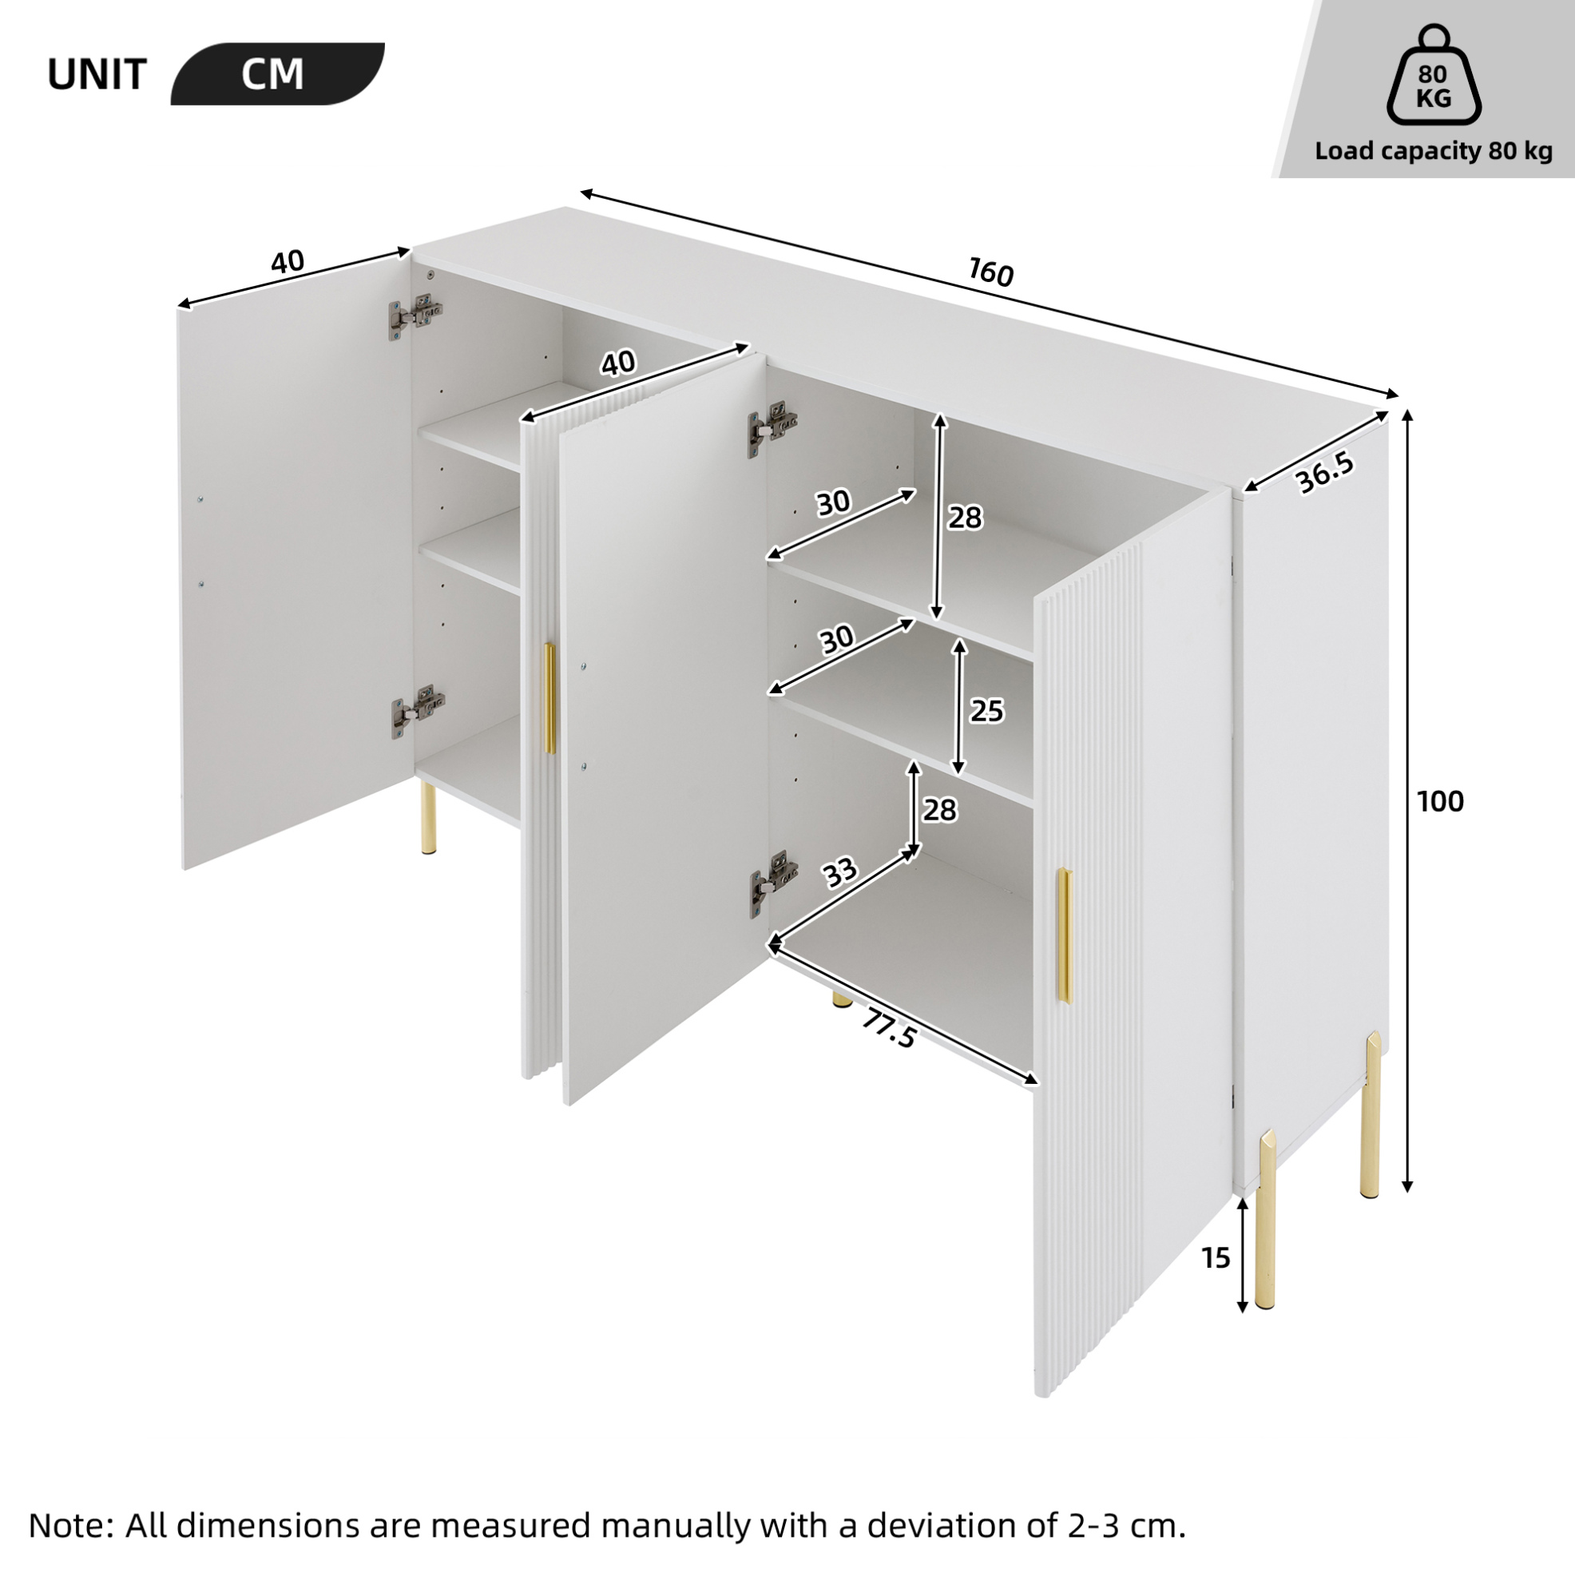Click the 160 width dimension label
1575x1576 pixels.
[x=991, y=272]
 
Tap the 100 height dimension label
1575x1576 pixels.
[x=1440, y=801]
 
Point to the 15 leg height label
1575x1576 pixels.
[x=1216, y=1258]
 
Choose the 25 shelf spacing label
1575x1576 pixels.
[x=986, y=712]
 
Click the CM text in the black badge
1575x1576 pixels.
[x=272, y=74]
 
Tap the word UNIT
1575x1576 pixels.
[x=97, y=75]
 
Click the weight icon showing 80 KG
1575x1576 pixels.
[x=1433, y=75]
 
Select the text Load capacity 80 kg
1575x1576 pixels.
[x=1433, y=151]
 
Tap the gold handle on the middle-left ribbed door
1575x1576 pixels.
[x=549, y=697]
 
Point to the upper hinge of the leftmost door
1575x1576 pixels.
[x=415, y=313]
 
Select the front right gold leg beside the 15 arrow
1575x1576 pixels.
[x=1267, y=1219]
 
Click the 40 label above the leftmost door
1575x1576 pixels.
[x=287, y=262]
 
